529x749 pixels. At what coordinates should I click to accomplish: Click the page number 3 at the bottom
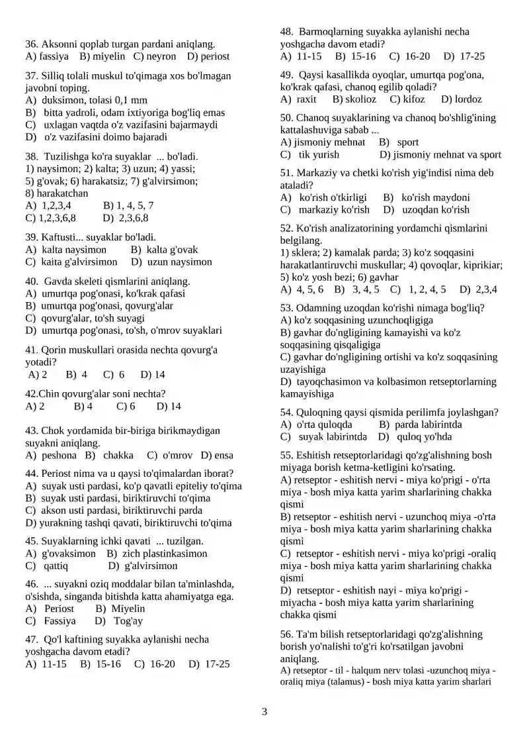coord(264,713)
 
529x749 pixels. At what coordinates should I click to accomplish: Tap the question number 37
coord(31,75)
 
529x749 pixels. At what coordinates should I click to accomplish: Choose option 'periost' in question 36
coord(215,57)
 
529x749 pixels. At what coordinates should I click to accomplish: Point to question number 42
coord(31,393)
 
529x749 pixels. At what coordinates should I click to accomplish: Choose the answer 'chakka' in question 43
coord(118,456)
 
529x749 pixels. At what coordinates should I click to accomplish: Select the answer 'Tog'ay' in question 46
coord(128,621)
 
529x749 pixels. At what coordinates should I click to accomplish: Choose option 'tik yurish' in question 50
coord(319,155)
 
